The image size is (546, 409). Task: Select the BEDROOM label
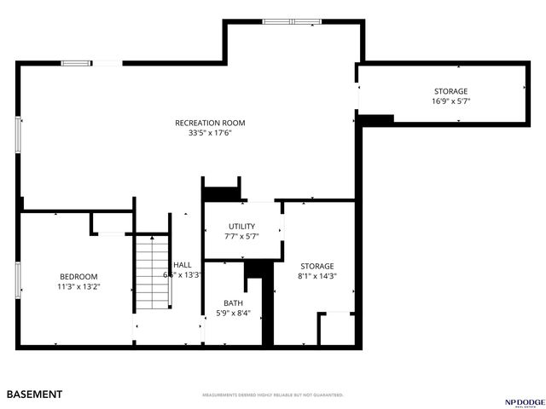click(78, 276)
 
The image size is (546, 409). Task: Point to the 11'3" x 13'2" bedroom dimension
click(78, 286)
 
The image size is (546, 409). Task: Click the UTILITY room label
click(241, 226)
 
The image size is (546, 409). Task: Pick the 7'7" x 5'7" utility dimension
click(241, 236)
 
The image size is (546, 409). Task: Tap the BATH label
click(233, 303)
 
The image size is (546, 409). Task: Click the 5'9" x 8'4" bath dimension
click(233, 314)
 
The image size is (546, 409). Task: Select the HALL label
click(183, 265)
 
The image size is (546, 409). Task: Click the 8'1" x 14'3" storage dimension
click(317, 276)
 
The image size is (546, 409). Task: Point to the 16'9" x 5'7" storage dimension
click(450, 101)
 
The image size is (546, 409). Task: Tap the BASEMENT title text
click(34, 395)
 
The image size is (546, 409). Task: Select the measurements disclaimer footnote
click(272, 395)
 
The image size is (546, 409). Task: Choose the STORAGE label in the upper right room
click(450, 91)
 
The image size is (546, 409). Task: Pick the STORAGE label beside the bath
click(317, 266)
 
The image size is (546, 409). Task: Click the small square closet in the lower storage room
click(336, 329)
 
